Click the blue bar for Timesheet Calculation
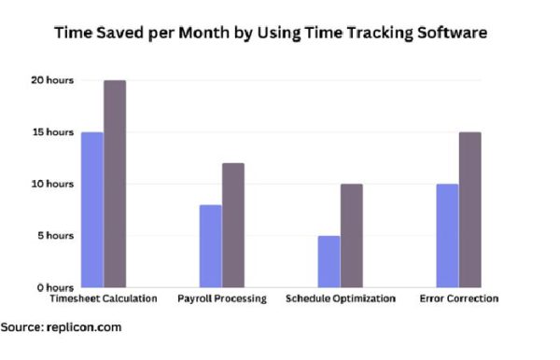coord(91,210)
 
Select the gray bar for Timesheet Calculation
coord(115,184)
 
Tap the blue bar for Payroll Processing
coord(210,245)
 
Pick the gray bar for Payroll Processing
coord(233,225)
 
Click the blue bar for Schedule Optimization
coord(329,261)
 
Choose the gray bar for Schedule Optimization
coord(352,235)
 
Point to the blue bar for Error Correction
coord(447,235)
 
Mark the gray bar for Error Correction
coord(470,210)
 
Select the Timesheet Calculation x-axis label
coord(104,299)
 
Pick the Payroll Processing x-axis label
coord(222,299)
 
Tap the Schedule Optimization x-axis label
coord(341,299)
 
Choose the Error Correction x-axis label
coord(459,299)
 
